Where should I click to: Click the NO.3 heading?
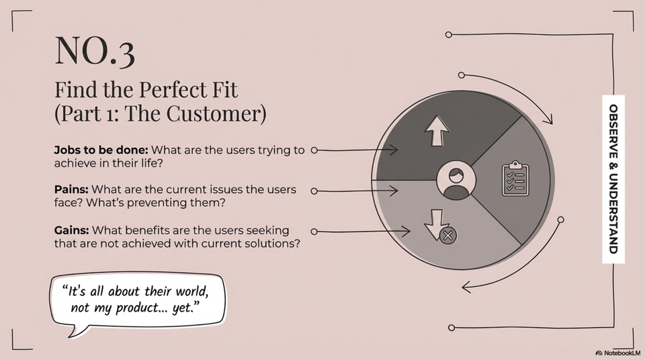(94, 51)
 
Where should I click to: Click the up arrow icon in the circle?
(437, 130)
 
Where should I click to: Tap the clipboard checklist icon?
(515, 178)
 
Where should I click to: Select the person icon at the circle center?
(456, 181)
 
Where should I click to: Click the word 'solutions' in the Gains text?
(273, 243)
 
